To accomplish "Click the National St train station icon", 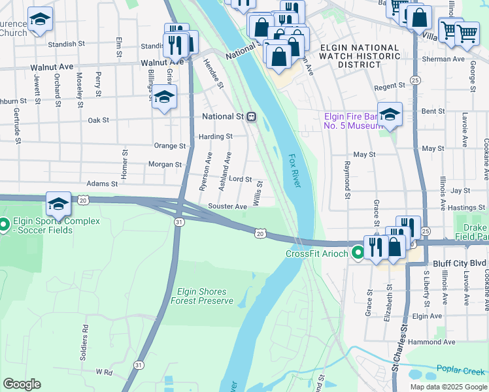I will pos(251,117).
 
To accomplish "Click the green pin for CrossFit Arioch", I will pos(357,253).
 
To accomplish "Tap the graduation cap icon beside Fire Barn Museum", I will pos(390,115).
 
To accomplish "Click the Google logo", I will pos(22,384).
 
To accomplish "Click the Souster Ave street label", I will pos(228,206).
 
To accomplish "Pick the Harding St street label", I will pos(216,137).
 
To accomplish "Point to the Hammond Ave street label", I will pos(431,342).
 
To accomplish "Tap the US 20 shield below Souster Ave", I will pos(260,233).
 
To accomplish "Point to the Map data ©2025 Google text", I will pos(448,387).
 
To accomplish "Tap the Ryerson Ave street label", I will pos(206,171).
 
